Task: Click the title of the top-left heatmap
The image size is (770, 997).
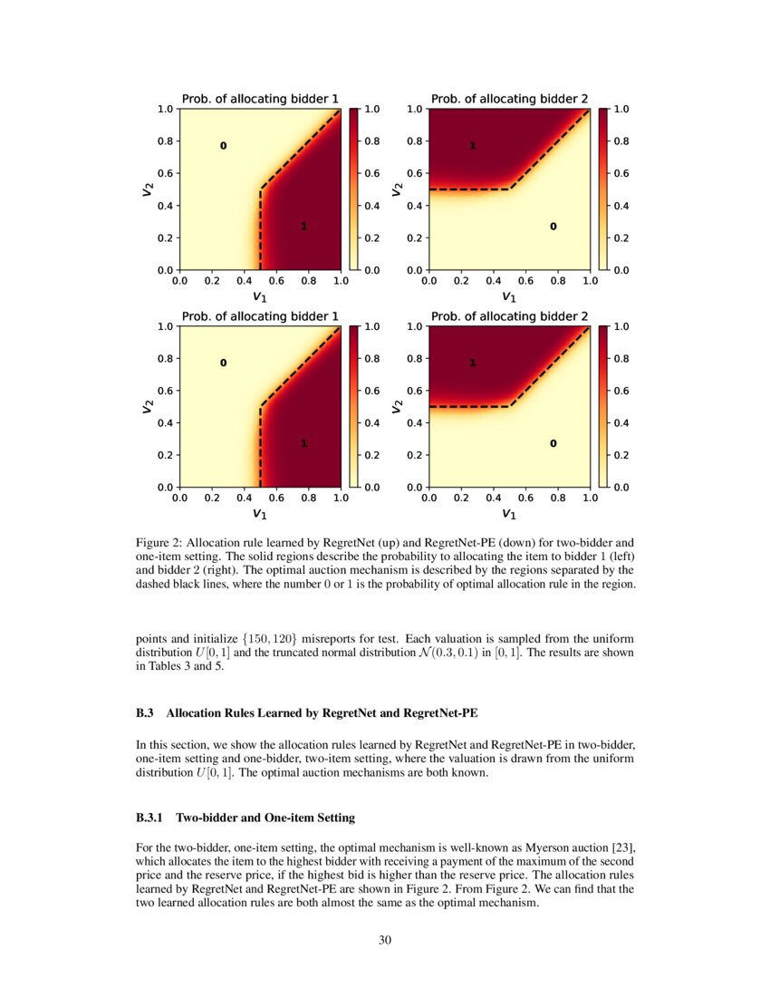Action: coord(261,98)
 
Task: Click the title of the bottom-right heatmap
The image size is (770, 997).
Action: coord(509,315)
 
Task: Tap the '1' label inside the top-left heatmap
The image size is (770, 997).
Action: coord(303,227)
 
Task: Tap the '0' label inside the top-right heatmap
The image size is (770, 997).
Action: coord(553,226)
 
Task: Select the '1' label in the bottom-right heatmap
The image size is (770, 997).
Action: coord(472,363)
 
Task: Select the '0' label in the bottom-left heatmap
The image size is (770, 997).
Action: coord(223,363)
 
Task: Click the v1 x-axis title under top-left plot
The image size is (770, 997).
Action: coord(260,296)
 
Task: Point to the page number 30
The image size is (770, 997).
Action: coord(385,939)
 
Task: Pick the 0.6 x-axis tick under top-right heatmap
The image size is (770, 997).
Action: coord(525,281)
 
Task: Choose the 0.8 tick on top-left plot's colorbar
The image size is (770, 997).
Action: coord(371,141)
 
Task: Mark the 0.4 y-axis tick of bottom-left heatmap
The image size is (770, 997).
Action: coord(168,423)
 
